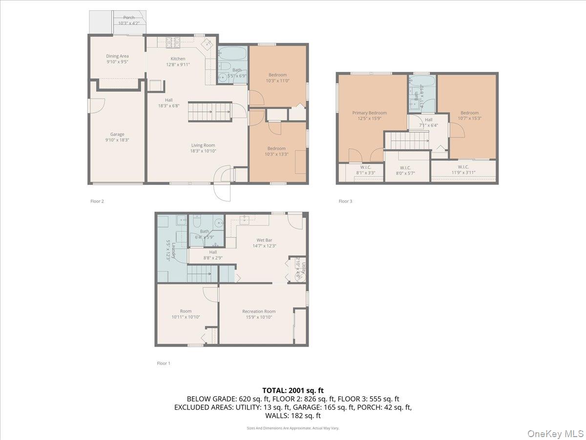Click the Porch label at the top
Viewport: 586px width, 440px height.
point(128,18)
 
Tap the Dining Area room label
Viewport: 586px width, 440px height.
point(117,56)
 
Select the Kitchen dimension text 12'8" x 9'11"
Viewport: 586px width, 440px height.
point(178,65)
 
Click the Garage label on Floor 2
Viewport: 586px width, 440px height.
point(117,134)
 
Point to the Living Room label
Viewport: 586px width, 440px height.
point(203,145)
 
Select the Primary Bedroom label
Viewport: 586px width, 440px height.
point(369,113)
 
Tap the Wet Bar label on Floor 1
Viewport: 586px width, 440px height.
point(264,240)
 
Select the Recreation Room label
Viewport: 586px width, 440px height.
point(259,311)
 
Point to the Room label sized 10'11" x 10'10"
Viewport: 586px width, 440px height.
point(186,311)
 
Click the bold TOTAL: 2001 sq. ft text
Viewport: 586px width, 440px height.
point(293,391)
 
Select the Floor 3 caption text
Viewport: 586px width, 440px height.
point(345,201)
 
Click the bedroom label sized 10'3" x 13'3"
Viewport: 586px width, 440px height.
point(276,149)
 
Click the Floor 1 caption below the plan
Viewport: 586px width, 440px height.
point(164,363)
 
